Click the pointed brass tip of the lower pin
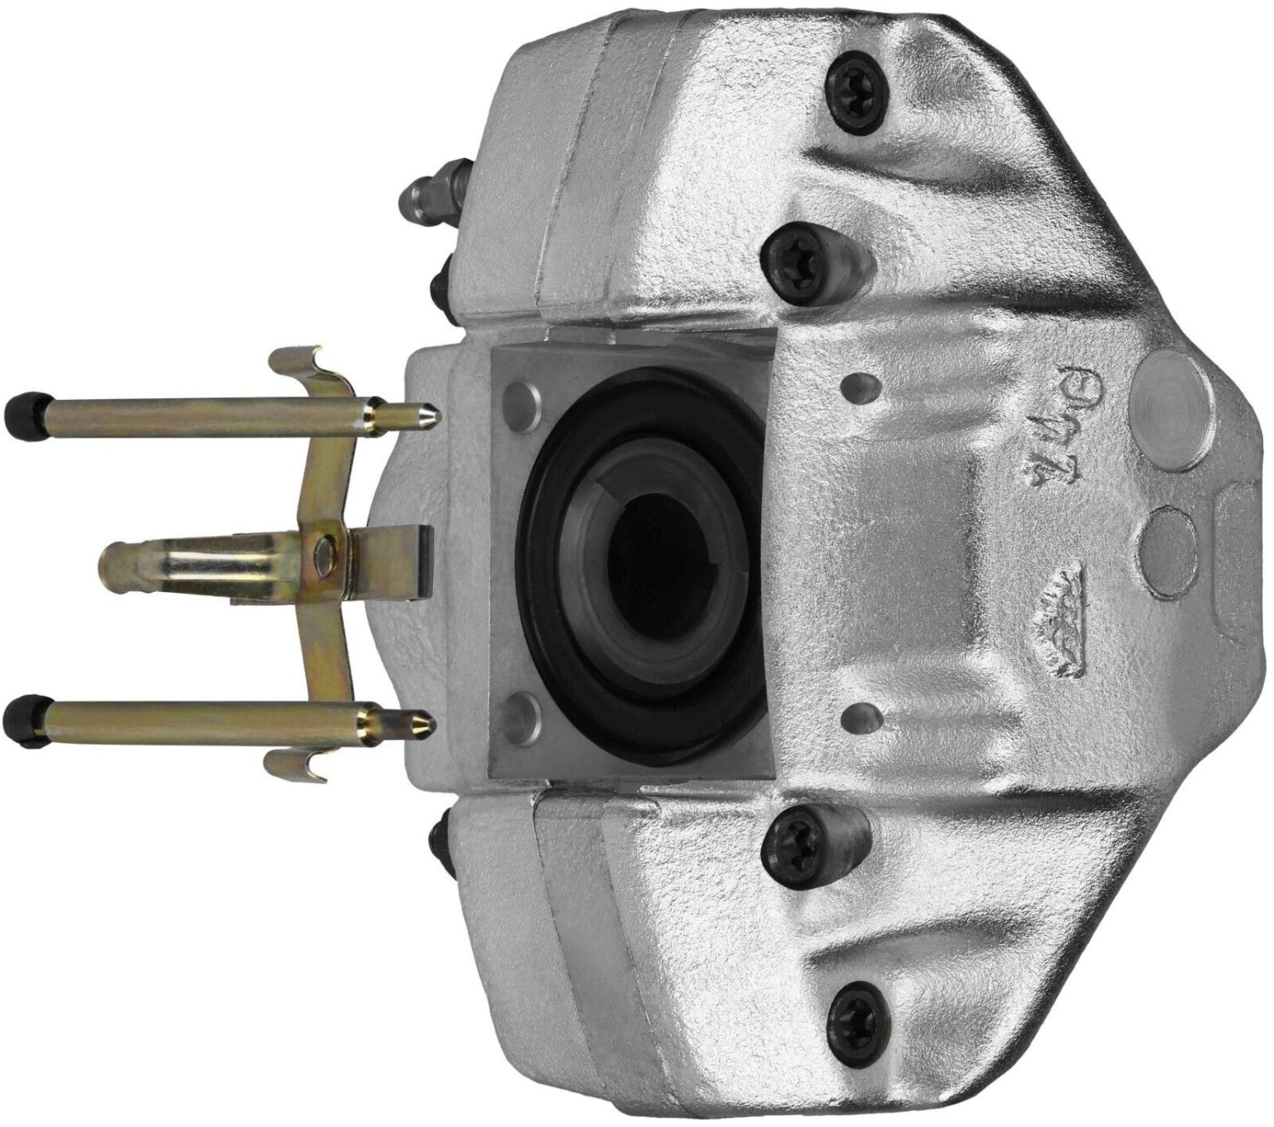point(429,724)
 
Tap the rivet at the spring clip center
point(324,552)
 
